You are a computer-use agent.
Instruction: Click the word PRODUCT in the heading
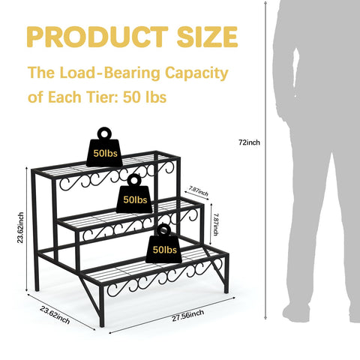click(97, 37)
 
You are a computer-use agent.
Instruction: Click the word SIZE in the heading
click(207, 37)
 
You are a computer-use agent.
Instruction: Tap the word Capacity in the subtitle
click(196, 73)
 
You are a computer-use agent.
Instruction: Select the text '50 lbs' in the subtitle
click(145, 97)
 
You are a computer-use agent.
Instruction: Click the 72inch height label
click(249, 142)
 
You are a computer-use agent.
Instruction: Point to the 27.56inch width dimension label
click(187, 315)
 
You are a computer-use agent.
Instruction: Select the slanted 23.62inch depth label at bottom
click(55, 315)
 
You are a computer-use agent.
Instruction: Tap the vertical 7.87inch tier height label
click(215, 224)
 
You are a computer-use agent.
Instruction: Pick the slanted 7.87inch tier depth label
click(199, 191)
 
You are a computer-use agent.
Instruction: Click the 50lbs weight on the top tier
click(104, 148)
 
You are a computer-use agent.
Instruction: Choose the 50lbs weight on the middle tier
click(134, 194)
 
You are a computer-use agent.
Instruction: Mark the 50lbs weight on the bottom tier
click(164, 244)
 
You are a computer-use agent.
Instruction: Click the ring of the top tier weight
click(104, 128)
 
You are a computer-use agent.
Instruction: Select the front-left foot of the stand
click(102, 323)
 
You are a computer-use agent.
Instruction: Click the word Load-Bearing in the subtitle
click(110, 73)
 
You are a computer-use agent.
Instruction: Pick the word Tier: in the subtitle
click(103, 97)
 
